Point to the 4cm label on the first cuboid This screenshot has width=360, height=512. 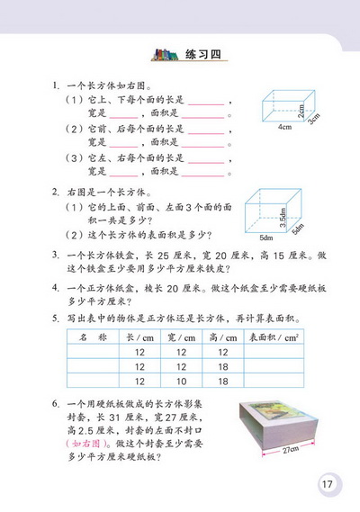(285, 128)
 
